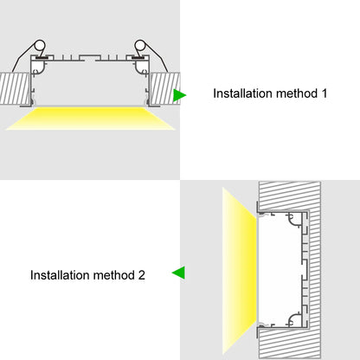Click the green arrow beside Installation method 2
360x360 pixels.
pyautogui.click(x=178, y=273)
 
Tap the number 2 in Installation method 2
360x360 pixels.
pyautogui.click(x=141, y=276)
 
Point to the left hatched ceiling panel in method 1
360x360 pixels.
pyautogui.click(x=15, y=87)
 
